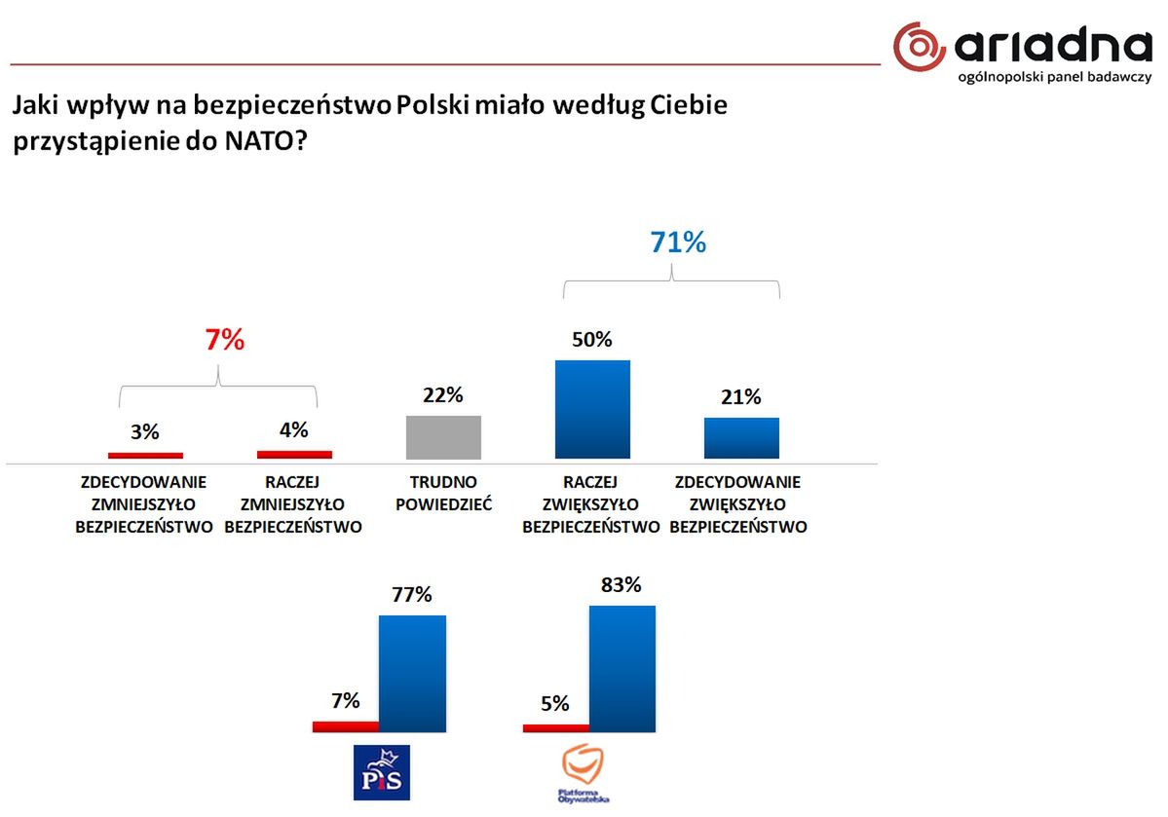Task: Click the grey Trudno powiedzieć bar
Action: click(443, 437)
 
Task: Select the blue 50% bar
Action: click(592, 409)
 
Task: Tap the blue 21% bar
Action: click(741, 437)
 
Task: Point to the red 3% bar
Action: click(145, 455)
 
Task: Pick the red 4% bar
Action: click(294, 454)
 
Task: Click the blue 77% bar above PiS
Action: click(412, 673)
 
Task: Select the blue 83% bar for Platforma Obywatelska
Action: click(622, 668)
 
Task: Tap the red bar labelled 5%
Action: click(556, 727)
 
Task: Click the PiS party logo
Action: click(380, 772)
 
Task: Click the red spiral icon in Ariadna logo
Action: click(920, 47)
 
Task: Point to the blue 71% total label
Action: click(678, 242)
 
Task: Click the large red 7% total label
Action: click(223, 340)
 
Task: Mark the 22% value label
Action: click(443, 395)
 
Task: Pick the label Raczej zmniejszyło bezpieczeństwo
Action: click(293, 504)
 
